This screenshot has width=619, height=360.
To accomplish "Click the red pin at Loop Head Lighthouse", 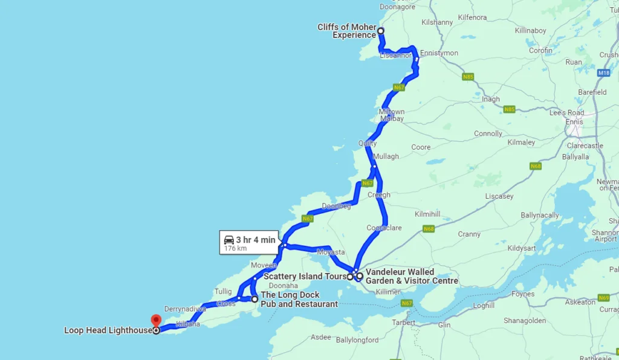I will pyautogui.click(x=156, y=320).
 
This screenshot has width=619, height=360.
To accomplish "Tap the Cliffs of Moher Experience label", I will pyautogui.click(x=346, y=31).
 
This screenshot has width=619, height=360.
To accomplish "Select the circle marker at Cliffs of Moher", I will pyautogui.click(x=381, y=30).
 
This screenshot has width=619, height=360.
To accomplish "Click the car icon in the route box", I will pyautogui.click(x=229, y=240).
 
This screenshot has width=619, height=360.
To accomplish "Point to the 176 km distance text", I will pyautogui.click(x=235, y=248).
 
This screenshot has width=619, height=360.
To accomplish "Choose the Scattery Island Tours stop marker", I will pyautogui.click(x=350, y=277).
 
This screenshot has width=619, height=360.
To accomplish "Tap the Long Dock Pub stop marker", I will pyautogui.click(x=254, y=299).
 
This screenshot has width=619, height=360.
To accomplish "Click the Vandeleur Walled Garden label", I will pyautogui.click(x=411, y=277).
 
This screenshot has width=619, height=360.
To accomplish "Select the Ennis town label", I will pyautogui.click(x=574, y=122).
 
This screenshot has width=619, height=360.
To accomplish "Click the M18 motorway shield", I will pyautogui.click(x=603, y=73).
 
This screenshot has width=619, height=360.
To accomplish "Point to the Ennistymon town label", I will pyautogui.click(x=439, y=53).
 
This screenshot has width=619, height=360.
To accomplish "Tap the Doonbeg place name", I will pyautogui.click(x=336, y=206).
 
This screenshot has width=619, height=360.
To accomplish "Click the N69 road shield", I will pyautogui.click(x=603, y=298).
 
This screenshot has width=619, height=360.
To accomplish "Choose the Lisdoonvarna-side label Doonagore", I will pyautogui.click(x=397, y=7).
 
